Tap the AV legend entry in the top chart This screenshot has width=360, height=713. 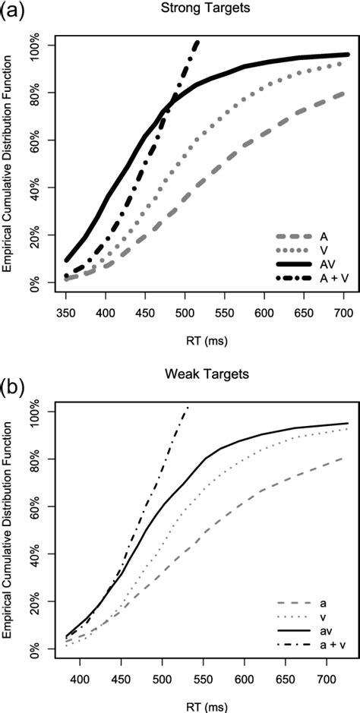(x=324, y=263)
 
